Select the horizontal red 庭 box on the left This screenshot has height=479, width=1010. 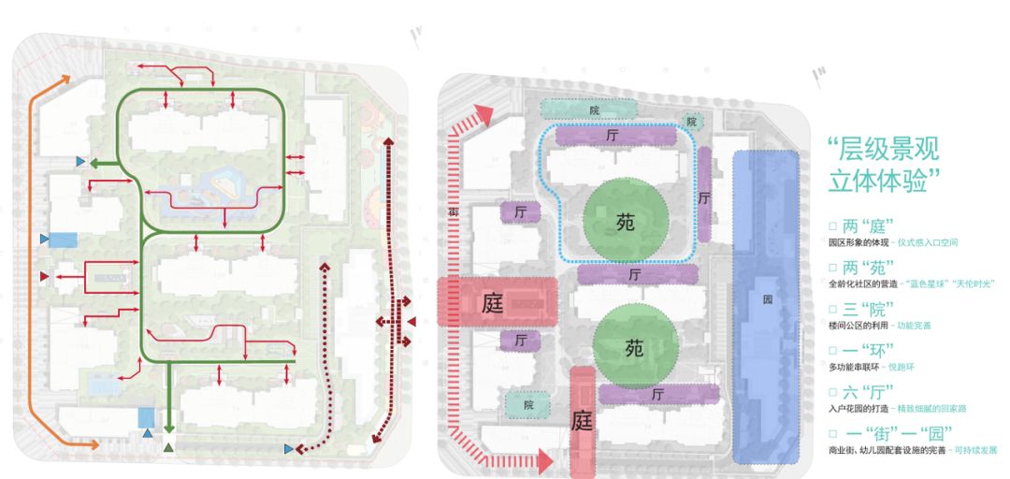click(x=497, y=302)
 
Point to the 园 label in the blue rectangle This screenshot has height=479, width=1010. click(x=767, y=301)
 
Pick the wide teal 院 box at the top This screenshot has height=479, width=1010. click(x=594, y=110)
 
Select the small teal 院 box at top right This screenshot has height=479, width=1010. click(x=692, y=122)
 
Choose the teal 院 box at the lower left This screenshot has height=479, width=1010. click(x=528, y=404)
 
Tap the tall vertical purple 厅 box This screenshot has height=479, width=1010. click(x=704, y=197)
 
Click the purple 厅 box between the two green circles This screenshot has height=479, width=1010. click(x=637, y=274)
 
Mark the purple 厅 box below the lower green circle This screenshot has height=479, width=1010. click(x=658, y=395)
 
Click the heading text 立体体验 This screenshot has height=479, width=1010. click(x=878, y=180)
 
